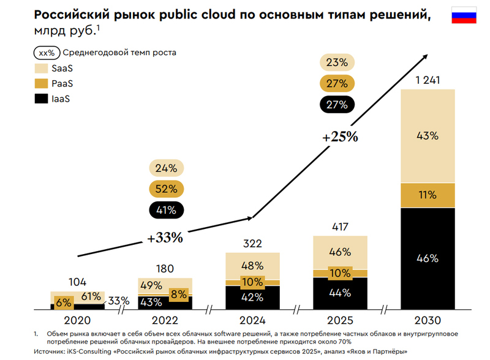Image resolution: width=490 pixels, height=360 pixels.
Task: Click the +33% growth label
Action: tap(164, 238)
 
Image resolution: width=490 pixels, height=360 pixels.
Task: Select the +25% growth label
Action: tap(340, 136)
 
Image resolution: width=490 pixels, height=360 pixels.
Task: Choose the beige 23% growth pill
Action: tap(337, 62)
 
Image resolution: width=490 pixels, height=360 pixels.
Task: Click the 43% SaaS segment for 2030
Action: tap(428, 136)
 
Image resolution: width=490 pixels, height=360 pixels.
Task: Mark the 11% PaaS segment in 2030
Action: tap(428, 195)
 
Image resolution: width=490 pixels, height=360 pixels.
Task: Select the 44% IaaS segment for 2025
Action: tap(340, 293)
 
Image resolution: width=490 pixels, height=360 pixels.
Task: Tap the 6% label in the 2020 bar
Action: tap(64, 302)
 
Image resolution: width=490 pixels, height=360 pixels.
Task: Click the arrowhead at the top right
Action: tap(424, 56)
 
